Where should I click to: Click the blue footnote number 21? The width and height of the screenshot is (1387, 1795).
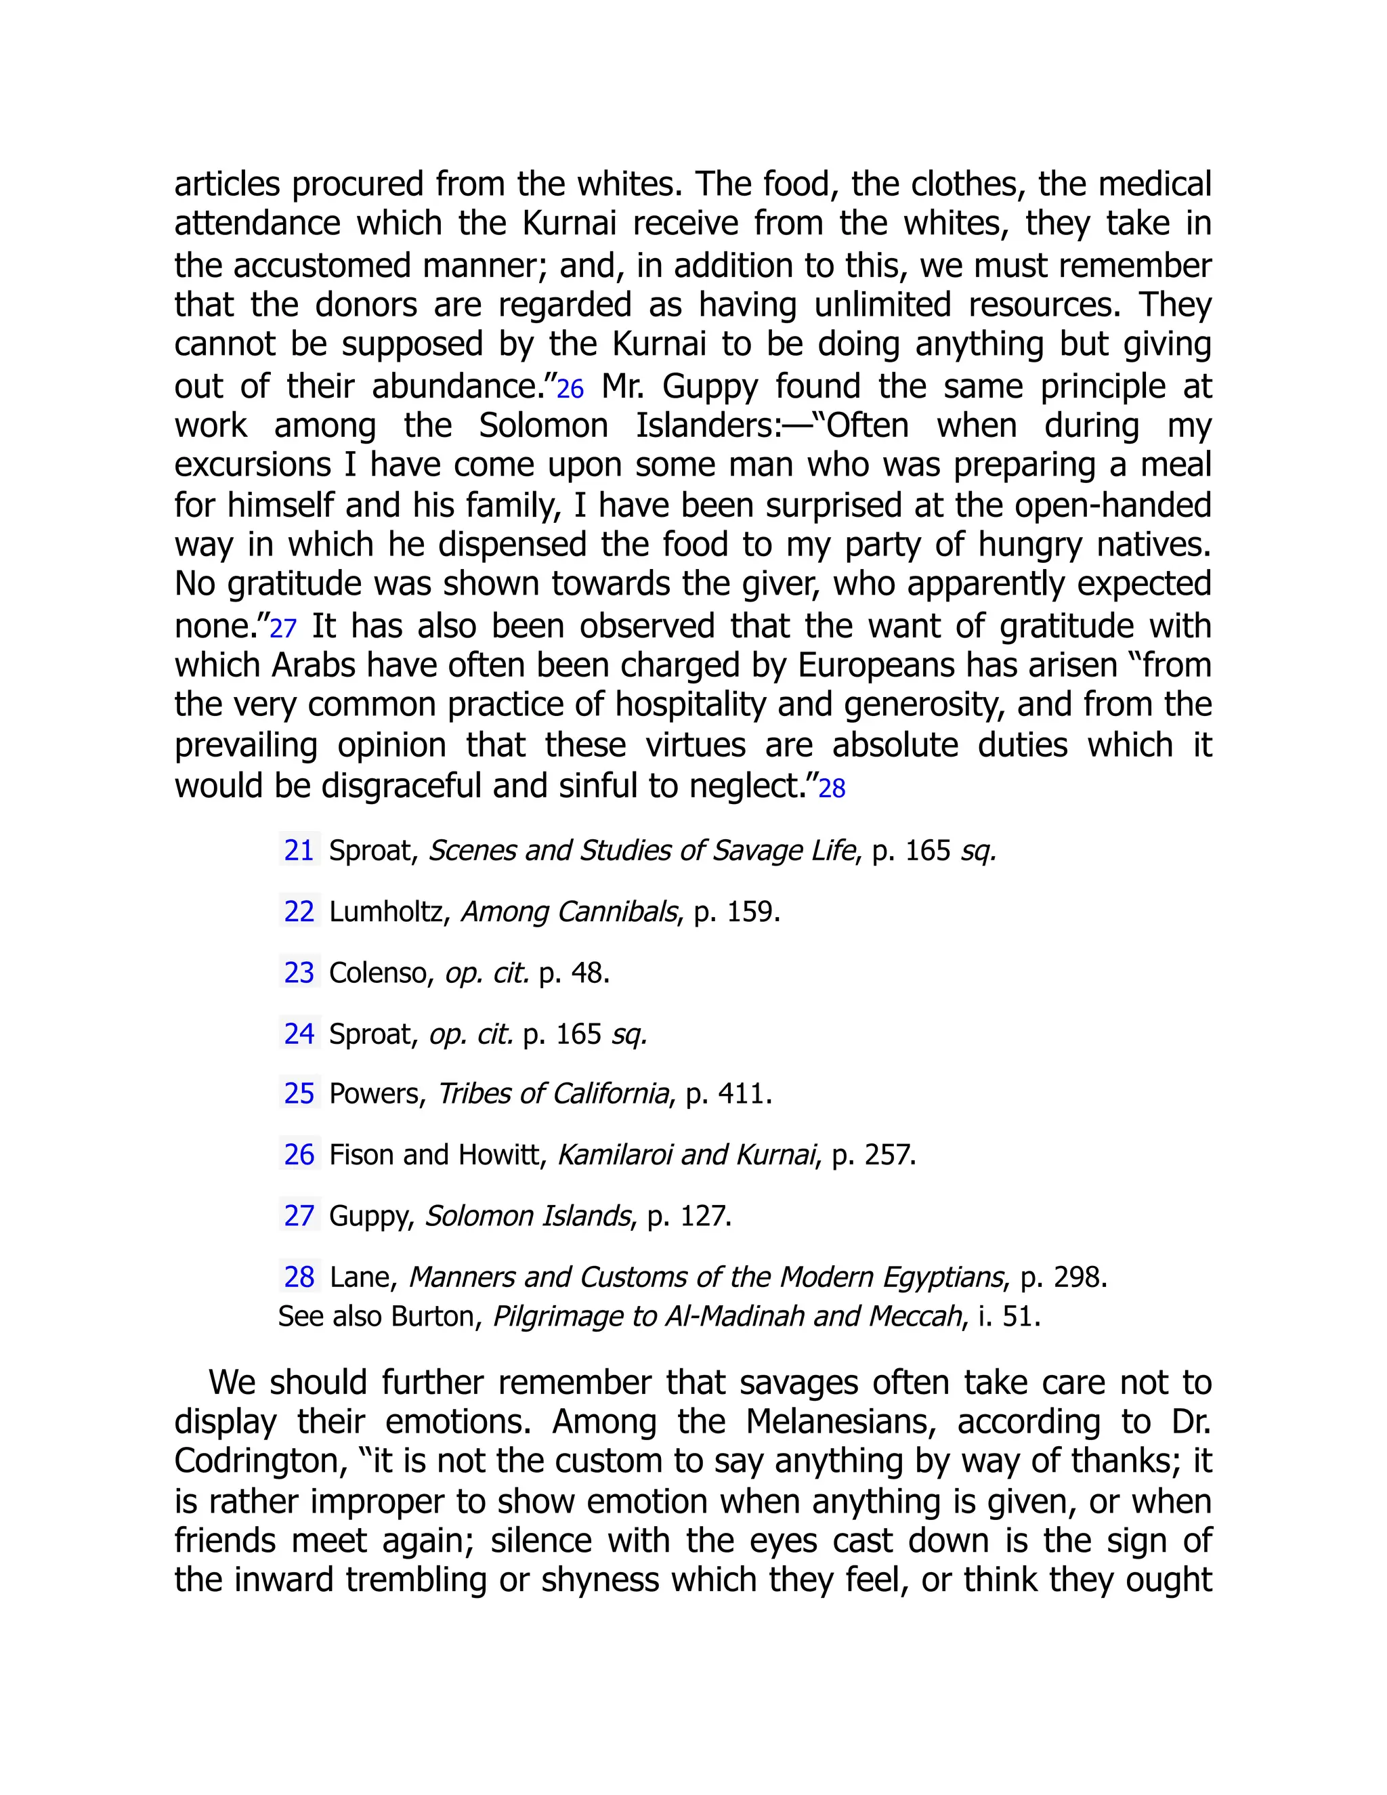tap(299, 850)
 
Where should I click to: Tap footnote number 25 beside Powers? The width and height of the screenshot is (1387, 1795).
tap(299, 1093)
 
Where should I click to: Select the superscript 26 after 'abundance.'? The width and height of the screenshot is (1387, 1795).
tap(570, 389)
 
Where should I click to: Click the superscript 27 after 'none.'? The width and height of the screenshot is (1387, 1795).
tap(282, 629)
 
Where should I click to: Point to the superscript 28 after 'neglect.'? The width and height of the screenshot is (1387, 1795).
tap(832, 789)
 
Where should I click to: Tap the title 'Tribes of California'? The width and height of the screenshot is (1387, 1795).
tap(554, 1093)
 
